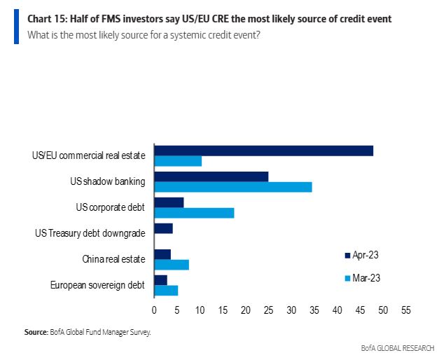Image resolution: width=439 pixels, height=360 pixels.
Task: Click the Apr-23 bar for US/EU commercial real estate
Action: click(263, 151)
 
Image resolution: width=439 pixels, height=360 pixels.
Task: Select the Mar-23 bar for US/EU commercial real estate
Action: click(178, 161)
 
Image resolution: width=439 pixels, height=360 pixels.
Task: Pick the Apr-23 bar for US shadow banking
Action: click(211, 176)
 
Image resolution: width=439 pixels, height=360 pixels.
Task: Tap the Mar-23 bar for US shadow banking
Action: click(232, 187)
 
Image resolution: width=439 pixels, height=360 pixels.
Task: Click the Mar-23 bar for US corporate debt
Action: click(194, 213)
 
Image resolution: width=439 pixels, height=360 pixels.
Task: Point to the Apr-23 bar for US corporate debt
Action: click(169, 202)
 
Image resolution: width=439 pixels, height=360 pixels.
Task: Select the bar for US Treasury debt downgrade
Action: click(163, 228)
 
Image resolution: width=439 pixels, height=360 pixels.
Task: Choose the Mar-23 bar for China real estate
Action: click(172, 265)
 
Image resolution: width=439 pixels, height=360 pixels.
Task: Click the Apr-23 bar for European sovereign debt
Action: click(160, 280)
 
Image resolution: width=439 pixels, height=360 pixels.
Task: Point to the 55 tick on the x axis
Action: click(405, 309)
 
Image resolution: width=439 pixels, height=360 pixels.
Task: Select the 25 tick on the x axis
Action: click(268, 309)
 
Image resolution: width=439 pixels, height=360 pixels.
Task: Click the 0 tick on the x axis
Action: click(154, 309)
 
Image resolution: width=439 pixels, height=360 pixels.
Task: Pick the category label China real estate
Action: click(113, 259)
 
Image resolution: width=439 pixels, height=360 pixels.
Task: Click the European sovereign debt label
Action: click(97, 285)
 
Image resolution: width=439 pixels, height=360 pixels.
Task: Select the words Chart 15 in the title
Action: click(46, 18)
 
